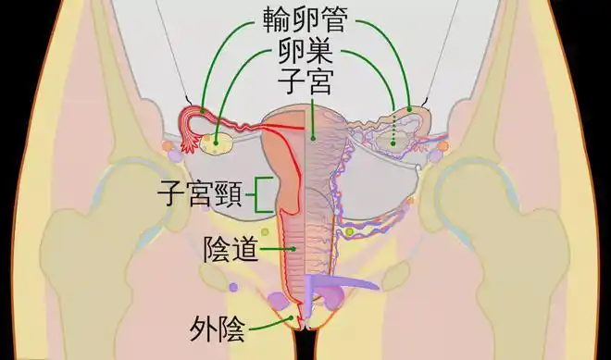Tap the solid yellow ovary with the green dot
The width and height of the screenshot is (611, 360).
click(x=218, y=143)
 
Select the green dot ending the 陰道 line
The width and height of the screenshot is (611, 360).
click(x=293, y=249)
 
